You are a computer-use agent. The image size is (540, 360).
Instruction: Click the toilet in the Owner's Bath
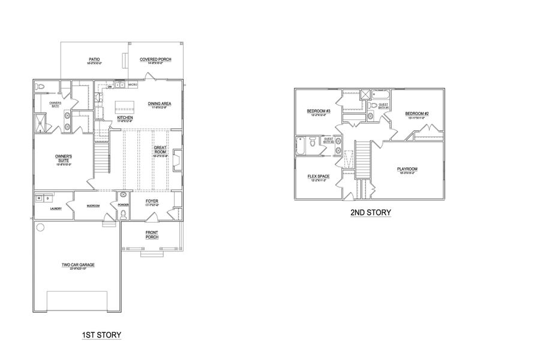(40, 88)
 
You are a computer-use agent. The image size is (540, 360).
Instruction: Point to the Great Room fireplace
(177, 160)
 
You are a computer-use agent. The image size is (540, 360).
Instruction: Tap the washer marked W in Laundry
(38, 197)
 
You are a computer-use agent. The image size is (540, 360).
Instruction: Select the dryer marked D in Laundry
(46, 197)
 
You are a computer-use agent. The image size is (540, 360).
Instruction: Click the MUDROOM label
(93, 206)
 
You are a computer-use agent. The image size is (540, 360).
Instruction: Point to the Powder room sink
(124, 196)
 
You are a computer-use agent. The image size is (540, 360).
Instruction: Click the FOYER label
(152, 202)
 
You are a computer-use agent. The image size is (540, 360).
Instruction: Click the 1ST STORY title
(101, 334)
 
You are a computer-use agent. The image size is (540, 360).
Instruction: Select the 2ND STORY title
(370, 212)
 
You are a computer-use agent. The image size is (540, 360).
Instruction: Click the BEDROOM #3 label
(316, 111)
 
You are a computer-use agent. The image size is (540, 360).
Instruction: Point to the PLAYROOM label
(407, 169)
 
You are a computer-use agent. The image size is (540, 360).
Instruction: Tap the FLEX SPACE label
(316, 176)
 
